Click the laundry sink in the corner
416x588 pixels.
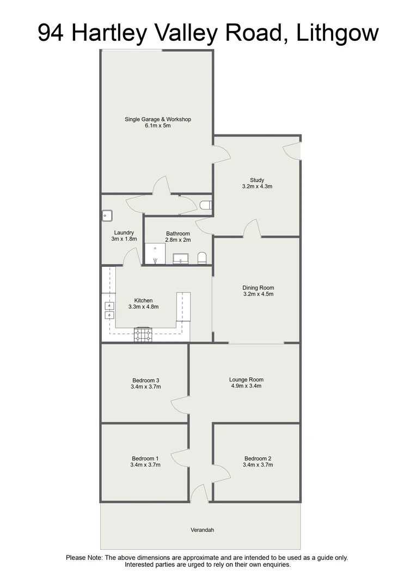(107, 216)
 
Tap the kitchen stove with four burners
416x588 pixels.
(144, 334)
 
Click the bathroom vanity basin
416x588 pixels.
(181, 258)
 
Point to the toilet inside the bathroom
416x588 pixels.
(202, 257)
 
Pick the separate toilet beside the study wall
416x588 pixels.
(205, 205)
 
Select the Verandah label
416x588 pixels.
(200, 529)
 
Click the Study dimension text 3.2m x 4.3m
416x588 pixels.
(257, 186)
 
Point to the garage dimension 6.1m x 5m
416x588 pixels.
(158, 126)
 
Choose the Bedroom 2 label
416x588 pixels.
(258, 458)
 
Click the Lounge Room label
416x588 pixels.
(246, 379)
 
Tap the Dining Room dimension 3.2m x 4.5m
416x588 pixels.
(258, 294)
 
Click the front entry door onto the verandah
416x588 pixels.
(199, 494)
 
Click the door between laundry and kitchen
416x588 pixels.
(131, 257)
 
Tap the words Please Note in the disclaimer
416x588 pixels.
(84, 558)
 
